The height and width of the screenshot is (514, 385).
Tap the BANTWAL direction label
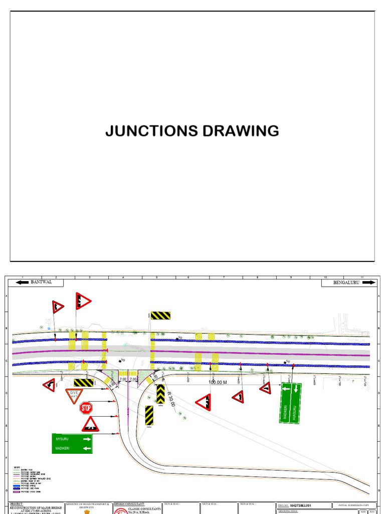pos(42,283)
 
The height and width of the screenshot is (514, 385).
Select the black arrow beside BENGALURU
pos(367,283)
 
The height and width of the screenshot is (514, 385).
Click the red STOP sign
pos(86,408)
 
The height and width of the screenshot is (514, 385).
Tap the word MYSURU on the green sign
pos(63,439)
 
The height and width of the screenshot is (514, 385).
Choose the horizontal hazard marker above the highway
pos(161,315)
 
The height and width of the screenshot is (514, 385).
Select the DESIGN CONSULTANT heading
pos(129,503)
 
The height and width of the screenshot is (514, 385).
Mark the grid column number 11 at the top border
pos(361,277)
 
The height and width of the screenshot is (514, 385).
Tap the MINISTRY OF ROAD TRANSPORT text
pos(86,504)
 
